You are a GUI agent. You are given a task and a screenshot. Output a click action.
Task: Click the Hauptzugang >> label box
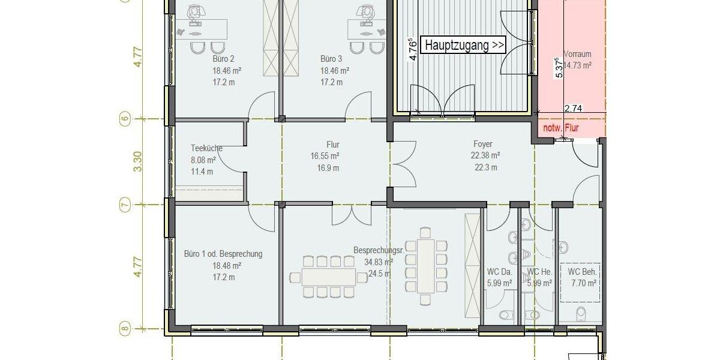(463, 45)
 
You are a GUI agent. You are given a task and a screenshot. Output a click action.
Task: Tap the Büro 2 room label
(223, 59)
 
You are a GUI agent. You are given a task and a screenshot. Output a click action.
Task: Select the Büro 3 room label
(331, 59)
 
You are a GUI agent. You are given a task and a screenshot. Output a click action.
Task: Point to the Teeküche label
(206, 148)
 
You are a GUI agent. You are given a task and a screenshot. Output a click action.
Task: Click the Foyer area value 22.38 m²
(485, 155)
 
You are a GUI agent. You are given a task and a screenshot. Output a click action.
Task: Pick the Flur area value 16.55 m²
(325, 156)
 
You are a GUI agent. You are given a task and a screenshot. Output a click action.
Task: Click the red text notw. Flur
(561, 128)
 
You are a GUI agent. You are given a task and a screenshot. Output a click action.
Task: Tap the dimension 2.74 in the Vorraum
(574, 109)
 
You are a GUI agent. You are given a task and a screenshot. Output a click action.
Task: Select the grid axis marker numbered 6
(125, 119)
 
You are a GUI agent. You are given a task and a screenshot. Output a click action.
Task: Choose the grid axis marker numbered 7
(125, 205)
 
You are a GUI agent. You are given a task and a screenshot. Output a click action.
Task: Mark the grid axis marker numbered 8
(125, 329)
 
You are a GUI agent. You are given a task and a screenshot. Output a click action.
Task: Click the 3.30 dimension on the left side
(137, 161)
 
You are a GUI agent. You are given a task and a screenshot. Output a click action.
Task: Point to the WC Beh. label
(582, 272)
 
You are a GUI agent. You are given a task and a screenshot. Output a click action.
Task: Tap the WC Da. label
(499, 272)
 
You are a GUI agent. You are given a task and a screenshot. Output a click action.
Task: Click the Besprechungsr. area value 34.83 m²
(379, 262)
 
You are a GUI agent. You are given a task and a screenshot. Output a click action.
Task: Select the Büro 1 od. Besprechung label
(223, 254)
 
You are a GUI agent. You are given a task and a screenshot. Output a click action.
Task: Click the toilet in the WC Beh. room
(581, 314)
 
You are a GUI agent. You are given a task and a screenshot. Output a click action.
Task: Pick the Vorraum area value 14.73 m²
(578, 65)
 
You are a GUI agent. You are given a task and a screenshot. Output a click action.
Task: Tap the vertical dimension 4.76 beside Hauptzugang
(413, 49)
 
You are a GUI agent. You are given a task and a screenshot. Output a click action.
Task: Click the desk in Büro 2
(201, 29)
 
